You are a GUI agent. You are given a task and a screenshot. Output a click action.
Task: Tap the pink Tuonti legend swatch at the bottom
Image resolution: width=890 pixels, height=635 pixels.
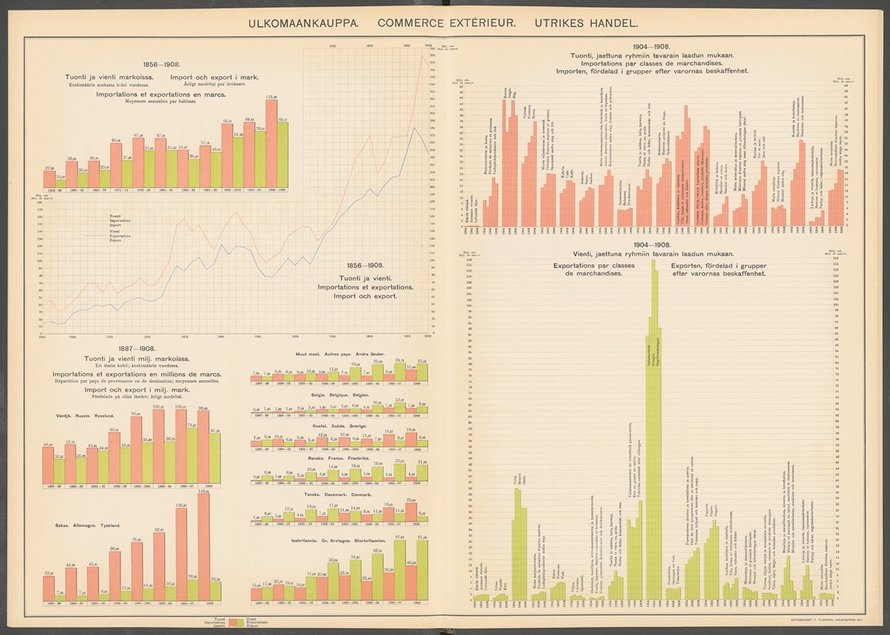[x=234, y=622]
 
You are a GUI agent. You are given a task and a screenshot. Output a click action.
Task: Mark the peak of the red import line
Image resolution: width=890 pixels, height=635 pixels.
[x=422, y=54]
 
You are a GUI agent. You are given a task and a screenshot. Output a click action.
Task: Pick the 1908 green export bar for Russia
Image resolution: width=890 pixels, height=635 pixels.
[x=215, y=458]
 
